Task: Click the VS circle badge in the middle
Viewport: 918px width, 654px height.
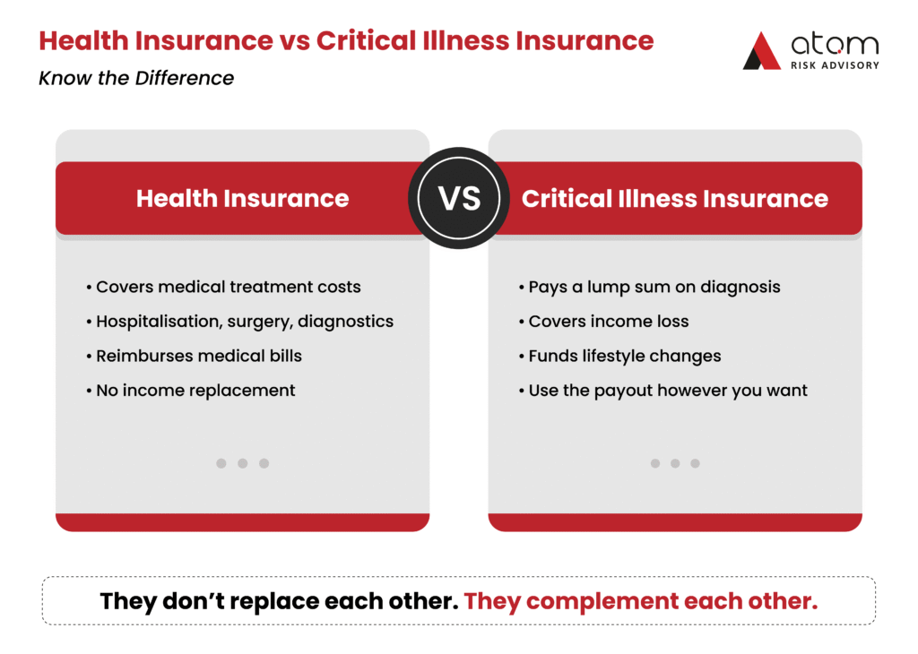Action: point(458,198)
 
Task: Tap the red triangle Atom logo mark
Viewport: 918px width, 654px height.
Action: point(762,51)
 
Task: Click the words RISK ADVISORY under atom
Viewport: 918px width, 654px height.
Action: point(835,65)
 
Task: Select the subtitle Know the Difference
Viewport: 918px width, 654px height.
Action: point(136,78)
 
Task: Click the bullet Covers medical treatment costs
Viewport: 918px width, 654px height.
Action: point(223,287)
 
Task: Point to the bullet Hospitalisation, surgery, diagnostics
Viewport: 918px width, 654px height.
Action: point(240,322)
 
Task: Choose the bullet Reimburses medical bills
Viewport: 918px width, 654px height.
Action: point(195,356)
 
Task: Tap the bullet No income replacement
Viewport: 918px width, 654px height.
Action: point(191,391)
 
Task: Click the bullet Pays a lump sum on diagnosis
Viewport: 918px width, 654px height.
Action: point(650,288)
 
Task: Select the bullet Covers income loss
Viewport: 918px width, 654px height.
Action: point(604,321)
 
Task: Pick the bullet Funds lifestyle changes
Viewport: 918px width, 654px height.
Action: point(620,357)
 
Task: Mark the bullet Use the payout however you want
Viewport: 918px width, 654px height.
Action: point(663,391)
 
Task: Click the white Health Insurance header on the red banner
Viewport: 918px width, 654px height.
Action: point(242,198)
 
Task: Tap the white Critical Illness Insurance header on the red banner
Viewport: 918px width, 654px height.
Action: point(675,198)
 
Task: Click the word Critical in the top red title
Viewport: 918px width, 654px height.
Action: point(367,41)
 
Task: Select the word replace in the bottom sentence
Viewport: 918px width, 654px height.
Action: point(273,602)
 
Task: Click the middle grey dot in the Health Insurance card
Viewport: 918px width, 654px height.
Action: point(242,463)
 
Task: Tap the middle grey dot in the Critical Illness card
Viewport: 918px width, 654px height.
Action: point(675,463)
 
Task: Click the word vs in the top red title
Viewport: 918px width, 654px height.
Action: point(294,42)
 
